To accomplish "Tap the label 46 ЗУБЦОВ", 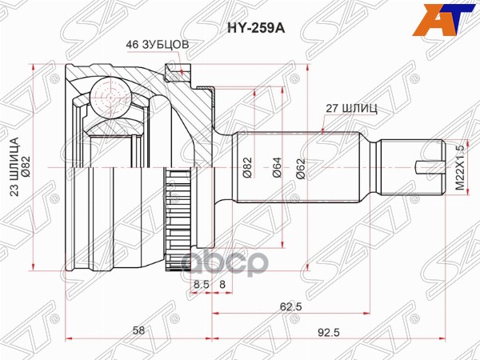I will coord(157,45).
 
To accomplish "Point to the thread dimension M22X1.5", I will coord(459,166).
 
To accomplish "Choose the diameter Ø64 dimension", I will coord(275,166).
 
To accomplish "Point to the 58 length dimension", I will coord(139,329).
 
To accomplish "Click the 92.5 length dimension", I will coord(346,329).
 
